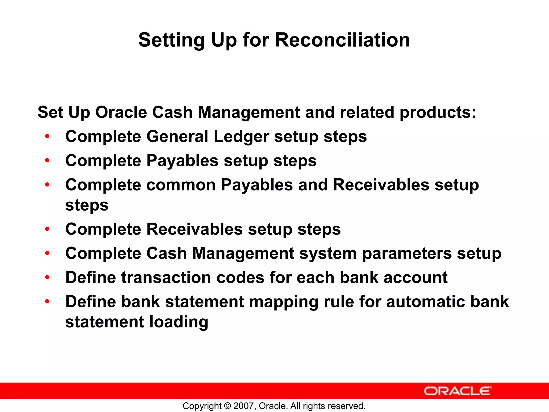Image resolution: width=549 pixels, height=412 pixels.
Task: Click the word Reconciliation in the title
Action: [x=342, y=40]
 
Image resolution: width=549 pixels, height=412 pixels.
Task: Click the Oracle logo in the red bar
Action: [x=457, y=391]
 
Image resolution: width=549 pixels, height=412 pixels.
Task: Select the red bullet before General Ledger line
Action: [x=47, y=136]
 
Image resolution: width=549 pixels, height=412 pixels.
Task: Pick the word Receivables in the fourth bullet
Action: [x=194, y=229]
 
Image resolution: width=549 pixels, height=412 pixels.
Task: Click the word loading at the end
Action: [x=179, y=322]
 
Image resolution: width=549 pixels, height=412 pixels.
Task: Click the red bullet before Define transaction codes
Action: [x=47, y=277]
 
